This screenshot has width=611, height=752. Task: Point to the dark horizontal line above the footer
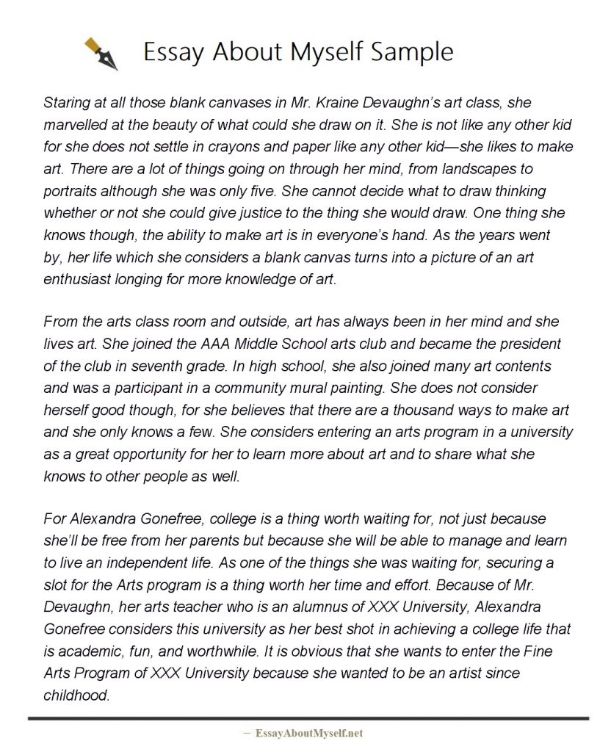point(308,717)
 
